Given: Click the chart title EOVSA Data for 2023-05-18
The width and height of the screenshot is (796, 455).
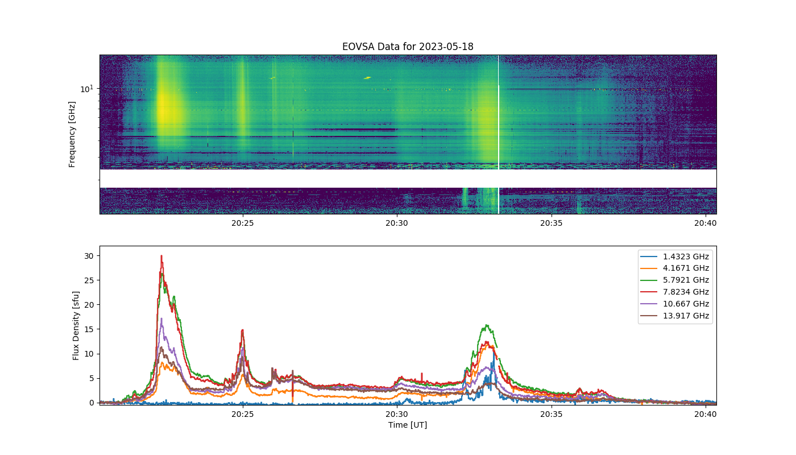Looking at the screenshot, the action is (x=408, y=47).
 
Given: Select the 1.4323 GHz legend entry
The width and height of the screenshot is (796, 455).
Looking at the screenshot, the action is (x=674, y=257).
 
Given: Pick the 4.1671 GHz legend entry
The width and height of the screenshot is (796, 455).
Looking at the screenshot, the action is (x=674, y=268).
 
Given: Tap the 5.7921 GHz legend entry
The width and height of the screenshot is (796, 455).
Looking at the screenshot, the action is (x=674, y=280).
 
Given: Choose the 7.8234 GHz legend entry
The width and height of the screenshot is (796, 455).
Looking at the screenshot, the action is (x=674, y=292).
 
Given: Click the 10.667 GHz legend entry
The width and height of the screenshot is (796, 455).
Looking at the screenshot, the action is (x=674, y=304).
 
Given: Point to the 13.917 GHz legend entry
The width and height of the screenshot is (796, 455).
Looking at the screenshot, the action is (x=674, y=316).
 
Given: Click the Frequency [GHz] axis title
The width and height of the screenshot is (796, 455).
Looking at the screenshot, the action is (x=72, y=134).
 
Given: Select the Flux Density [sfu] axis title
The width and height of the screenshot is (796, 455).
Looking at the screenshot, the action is (x=76, y=326).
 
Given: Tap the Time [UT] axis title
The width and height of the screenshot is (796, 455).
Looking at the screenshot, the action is (x=408, y=425).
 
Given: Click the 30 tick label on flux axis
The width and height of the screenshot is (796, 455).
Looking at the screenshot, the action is (x=89, y=256).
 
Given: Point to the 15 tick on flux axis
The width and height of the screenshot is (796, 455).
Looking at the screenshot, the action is (x=89, y=329).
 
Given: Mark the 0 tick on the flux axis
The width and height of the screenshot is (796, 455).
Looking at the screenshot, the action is (x=92, y=403).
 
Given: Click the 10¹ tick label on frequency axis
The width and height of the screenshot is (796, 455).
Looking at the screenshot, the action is (x=86, y=89).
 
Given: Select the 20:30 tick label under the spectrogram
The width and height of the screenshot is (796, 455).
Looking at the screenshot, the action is (x=397, y=223).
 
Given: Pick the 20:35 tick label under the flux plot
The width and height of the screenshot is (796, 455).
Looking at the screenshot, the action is (x=551, y=414).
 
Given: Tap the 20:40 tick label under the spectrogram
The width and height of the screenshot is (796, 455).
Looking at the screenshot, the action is (x=706, y=223).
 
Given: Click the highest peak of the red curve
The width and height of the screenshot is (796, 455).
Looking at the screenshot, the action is (x=161, y=255).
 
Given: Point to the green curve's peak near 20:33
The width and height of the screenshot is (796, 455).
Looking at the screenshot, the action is (x=487, y=325).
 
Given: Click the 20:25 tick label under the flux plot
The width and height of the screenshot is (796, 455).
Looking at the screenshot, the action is (x=243, y=414).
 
